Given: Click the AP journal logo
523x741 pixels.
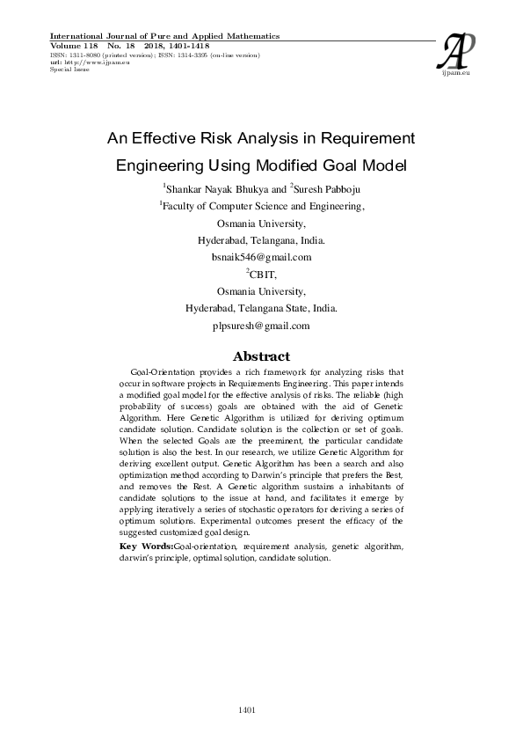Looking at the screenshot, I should click(x=461, y=54).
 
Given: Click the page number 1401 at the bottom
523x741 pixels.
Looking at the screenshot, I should click(x=247, y=709).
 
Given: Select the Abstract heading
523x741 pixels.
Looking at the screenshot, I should click(x=260, y=356).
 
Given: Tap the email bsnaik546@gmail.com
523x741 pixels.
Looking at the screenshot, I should click(x=261, y=257).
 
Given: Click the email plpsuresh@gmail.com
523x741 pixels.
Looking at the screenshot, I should click(x=261, y=326).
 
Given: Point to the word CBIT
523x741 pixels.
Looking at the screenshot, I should click(x=263, y=275).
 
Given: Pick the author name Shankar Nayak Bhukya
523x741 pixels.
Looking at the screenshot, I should click(x=214, y=188).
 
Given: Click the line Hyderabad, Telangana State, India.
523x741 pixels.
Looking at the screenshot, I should click(x=261, y=309).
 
